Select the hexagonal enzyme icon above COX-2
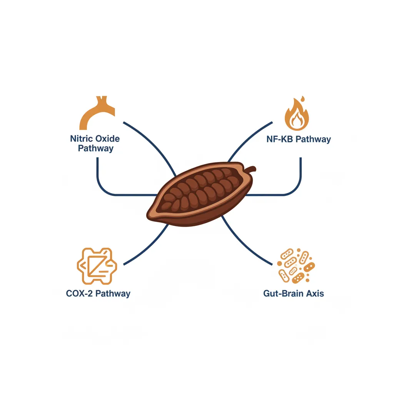[97, 266]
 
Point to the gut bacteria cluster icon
[296, 265]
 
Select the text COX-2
[79, 293]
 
